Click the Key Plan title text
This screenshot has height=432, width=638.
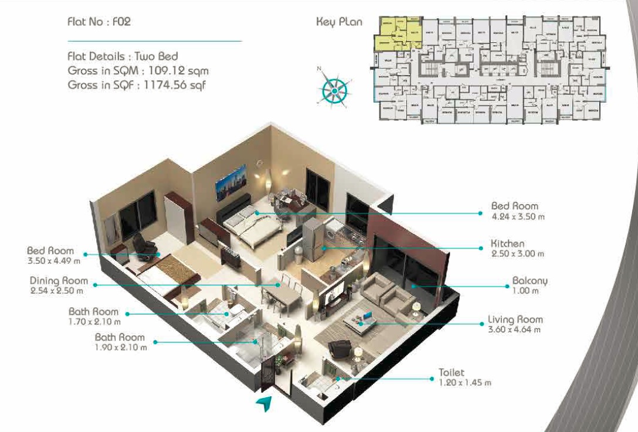point(339,22)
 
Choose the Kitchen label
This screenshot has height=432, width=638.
point(508,243)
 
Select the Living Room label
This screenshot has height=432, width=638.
point(515,320)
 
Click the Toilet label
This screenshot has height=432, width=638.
point(452,372)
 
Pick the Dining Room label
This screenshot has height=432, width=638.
point(59,281)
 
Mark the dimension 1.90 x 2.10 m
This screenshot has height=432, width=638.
point(121,347)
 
